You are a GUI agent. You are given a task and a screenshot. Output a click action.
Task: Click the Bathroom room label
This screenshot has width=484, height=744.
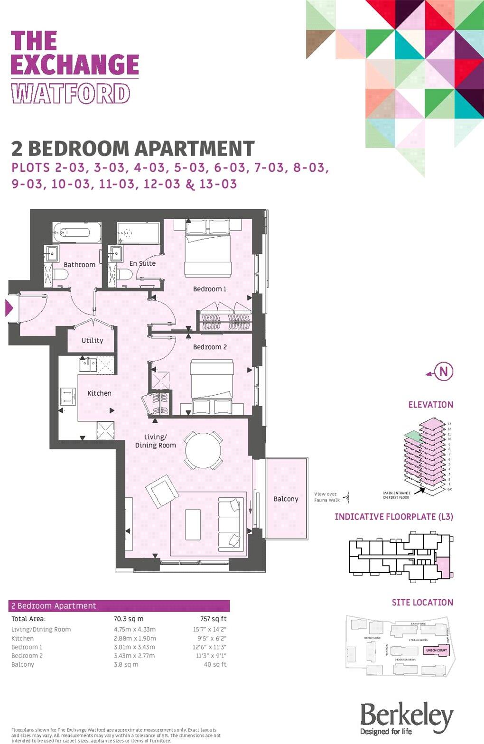point(80,265)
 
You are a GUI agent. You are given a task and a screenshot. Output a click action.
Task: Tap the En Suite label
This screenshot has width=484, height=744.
point(142,263)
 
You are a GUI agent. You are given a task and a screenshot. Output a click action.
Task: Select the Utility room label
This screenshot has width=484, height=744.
point(92,340)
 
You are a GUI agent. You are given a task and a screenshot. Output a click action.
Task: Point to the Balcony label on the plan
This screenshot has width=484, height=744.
point(286,499)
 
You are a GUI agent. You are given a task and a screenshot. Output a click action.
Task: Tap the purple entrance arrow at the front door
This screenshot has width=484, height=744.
point(9,308)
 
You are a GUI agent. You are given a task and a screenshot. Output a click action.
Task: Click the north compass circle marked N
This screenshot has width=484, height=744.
point(444,372)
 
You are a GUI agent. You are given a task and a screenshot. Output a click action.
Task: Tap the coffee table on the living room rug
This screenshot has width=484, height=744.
point(193,524)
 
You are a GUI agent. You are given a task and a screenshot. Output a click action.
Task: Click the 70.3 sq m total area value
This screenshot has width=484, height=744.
point(129,619)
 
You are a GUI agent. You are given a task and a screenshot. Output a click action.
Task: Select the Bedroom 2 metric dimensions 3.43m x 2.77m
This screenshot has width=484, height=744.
point(135,656)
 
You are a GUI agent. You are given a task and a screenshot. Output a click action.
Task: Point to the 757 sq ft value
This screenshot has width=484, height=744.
point(214,619)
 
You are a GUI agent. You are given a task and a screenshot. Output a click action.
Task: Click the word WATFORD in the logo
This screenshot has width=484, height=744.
point(71,94)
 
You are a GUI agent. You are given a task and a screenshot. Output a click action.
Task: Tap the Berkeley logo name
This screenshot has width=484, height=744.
point(406,716)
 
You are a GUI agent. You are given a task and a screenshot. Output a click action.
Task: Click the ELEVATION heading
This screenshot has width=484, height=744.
point(430,405)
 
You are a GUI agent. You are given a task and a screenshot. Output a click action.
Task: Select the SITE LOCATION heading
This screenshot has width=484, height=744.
point(422,603)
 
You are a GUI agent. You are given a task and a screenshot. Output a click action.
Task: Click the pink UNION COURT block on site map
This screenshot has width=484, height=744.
point(437,650)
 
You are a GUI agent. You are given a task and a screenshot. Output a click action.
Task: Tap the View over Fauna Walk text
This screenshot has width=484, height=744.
point(326,497)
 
